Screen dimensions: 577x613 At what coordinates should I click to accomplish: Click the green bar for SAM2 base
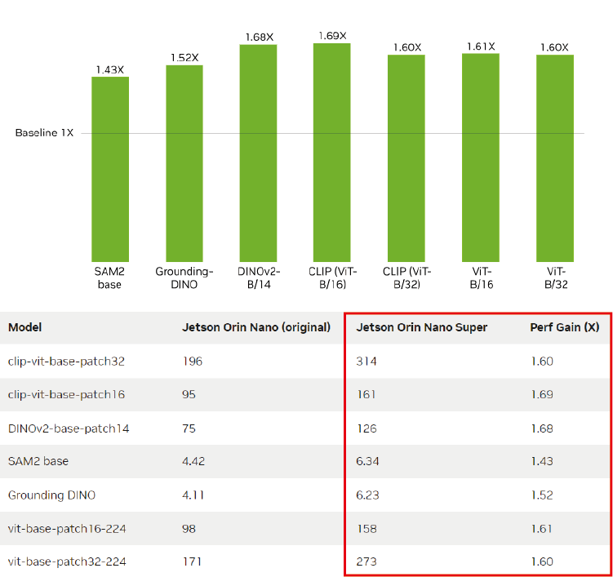(109, 168)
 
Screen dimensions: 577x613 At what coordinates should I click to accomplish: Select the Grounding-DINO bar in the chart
(184, 162)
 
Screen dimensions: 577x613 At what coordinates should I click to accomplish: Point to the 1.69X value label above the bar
(331, 36)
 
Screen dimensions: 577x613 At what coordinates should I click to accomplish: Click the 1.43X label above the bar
(109, 69)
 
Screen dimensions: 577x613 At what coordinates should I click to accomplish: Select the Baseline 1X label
(44, 133)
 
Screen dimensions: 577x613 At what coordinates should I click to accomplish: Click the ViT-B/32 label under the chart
(555, 278)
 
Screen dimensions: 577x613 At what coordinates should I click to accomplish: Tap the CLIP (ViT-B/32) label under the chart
(406, 278)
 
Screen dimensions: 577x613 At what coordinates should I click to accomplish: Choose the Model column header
(24, 327)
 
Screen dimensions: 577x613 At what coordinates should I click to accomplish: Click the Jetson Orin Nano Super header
(422, 327)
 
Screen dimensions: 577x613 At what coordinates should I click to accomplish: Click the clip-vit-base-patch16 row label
(66, 394)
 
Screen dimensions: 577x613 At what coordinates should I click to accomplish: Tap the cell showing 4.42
(193, 461)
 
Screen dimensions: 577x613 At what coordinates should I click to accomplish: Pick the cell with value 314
(366, 361)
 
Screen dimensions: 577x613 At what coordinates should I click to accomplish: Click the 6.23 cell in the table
(368, 495)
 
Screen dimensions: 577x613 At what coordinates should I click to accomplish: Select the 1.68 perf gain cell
(541, 428)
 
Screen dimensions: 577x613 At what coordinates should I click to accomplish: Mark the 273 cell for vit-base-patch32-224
(366, 561)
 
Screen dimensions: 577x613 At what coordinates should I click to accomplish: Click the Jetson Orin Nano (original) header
(255, 327)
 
